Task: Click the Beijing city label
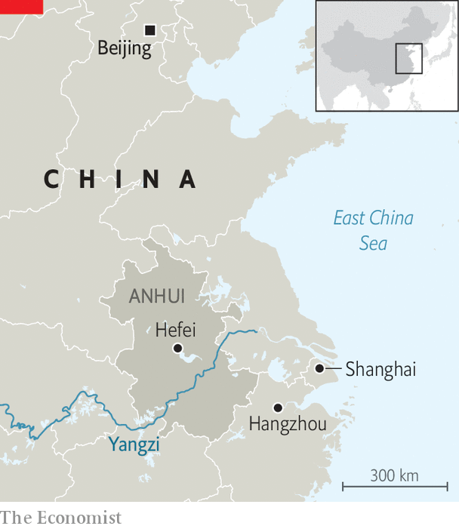(125, 49)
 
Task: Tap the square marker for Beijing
(149, 30)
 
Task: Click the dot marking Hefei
(177, 348)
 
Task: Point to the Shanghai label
(380, 370)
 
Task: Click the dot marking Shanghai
(319, 368)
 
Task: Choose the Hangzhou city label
(288, 425)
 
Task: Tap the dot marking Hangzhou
(278, 408)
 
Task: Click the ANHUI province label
(157, 297)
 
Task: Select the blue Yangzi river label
(134, 444)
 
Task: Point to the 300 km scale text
(394, 475)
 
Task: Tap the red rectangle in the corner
(20, 8)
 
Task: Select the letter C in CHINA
(51, 180)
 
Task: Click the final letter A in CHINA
(187, 180)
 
